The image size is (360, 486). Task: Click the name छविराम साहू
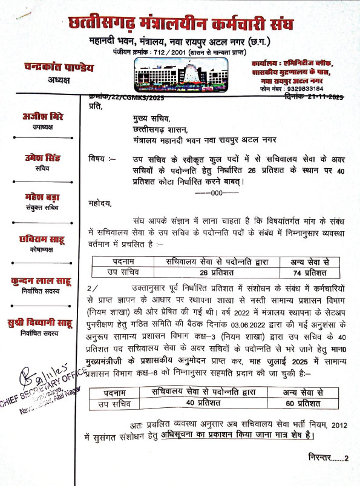pos(42,239)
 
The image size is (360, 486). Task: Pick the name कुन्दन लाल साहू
pos(42,280)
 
